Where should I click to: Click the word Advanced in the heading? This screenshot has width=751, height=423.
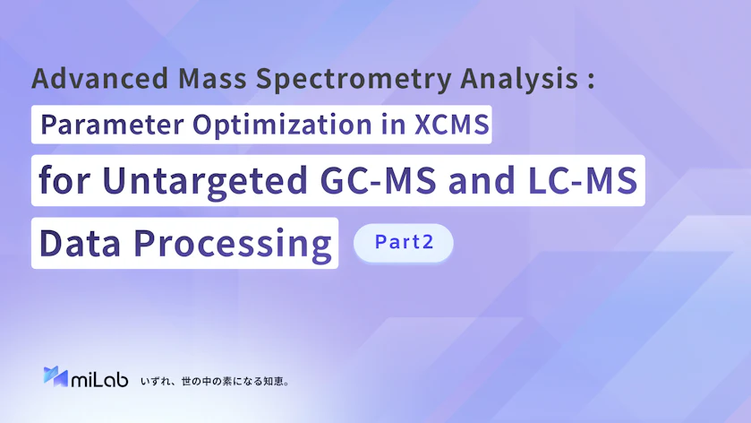point(100,78)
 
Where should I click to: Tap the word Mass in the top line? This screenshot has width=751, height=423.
point(212,78)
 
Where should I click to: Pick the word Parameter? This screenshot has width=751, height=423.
point(112,125)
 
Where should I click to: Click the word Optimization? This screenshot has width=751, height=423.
point(282,125)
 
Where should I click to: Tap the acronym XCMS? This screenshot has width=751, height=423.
point(452,125)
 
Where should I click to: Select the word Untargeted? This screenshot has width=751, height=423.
point(205,181)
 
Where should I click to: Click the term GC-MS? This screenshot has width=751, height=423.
point(379,180)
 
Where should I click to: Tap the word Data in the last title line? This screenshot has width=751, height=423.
point(80,243)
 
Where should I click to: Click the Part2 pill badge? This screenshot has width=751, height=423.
point(404,243)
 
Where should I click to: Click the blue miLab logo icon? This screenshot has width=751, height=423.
point(55,376)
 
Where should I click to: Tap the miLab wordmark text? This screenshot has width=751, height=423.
point(99,379)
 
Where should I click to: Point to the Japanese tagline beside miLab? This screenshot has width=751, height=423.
point(215,381)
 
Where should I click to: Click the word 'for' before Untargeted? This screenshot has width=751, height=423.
point(64,180)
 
